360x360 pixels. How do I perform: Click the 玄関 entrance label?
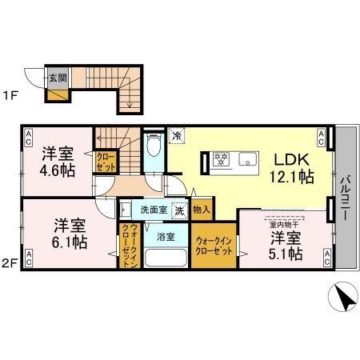pyautogui.click(x=57, y=78)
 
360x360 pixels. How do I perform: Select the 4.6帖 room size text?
pyautogui.click(x=58, y=170)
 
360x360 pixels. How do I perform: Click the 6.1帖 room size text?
pyautogui.click(x=70, y=242)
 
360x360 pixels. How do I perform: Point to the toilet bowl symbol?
pyautogui.click(x=155, y=146)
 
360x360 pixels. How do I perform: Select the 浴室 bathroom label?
pyautogui.click(x=166, y=237)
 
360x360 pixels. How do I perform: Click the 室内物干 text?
pyautogui.click(x=285, y=226)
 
